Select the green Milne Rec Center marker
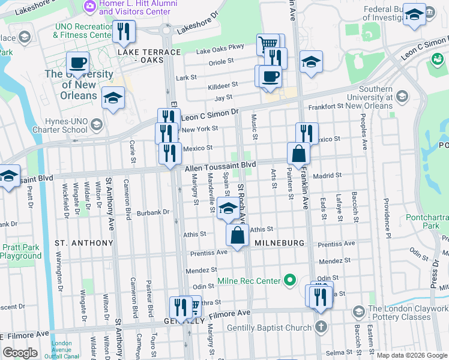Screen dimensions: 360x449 pyautogui.click(x=290, y=280)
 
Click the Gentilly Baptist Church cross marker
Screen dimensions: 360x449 pyautogui.click(x=321, y=328)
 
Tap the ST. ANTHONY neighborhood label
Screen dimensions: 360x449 pyautogui.click(x=83, y=243)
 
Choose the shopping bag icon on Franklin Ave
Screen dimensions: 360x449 pyautogui.click(x=298, y=154)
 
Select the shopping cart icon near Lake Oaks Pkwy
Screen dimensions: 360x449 pyautogui.click(x=268, y=44)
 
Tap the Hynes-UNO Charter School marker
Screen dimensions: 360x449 pyautogui.click(x=95, y=124)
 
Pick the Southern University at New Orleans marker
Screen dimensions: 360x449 pyautogui.click(x=402, y=97)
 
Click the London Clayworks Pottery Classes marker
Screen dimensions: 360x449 pyautogui.click(x=358, y=313)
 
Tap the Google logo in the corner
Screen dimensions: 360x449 pyautogui.click(x=20, y=353)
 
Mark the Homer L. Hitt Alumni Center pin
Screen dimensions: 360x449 pyautogui.click(x=90, y=6)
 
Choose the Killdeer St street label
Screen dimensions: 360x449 pyautogui.click(x=223, y=85)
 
